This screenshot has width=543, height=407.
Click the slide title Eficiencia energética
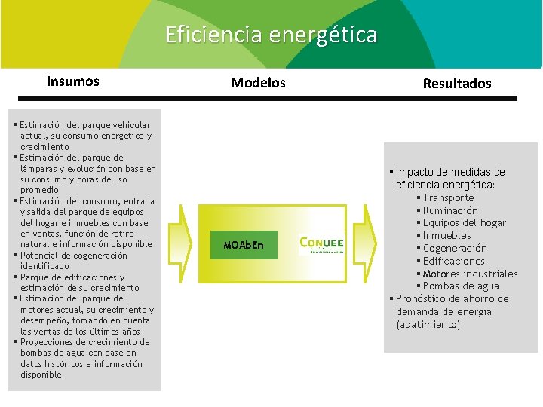click(x=271, y=35)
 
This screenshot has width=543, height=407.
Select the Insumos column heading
click(x=72, y=81)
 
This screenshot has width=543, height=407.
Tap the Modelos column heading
click(x=258, y=83)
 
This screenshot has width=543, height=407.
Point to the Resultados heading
click(x=457, y=84)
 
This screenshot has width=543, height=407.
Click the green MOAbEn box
click(x=244, y=245)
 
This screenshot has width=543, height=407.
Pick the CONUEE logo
click(x=322, y=244)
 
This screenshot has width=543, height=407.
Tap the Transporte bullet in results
click(x=448, y=197)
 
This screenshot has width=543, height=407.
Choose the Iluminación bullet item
click(x=449, y=210)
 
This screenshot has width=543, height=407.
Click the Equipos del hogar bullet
click(x=464, y=223)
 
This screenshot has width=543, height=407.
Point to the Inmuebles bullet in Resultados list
click(x=446, y=236)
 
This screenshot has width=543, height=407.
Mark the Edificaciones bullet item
click(x=453, y=261)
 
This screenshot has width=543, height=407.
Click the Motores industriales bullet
click(x=470, y=274)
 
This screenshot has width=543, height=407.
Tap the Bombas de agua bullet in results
click(x=461, y=286)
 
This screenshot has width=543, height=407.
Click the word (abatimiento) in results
click(x=428, y=325)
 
